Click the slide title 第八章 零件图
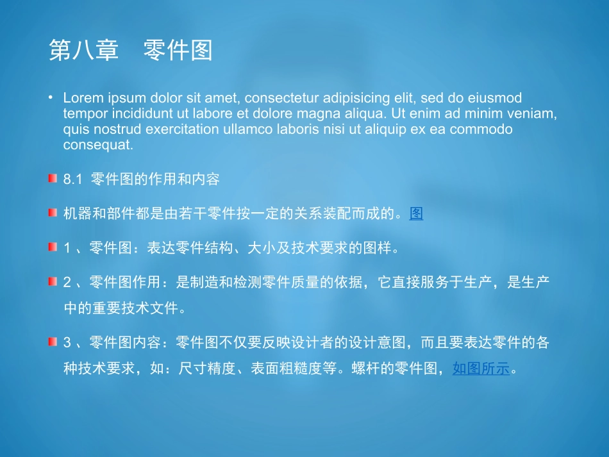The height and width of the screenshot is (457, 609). [130, 51]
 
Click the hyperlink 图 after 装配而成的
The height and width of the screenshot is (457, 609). [417, 214]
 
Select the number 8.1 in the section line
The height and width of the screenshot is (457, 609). [73, 180]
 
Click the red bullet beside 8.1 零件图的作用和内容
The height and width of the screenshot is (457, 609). [53, 178]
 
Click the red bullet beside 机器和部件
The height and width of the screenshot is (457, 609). [53, 213]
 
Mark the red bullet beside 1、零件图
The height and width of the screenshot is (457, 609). [53, 247]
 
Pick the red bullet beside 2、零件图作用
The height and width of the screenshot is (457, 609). [53, 281]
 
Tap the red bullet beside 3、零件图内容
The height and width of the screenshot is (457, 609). [53, 342]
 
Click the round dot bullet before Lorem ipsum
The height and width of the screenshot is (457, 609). [50, 98]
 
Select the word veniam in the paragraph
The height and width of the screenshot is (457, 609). [535, 114]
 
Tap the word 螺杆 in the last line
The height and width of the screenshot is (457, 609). [365, 369]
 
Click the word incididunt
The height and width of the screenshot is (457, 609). [138, 114]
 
